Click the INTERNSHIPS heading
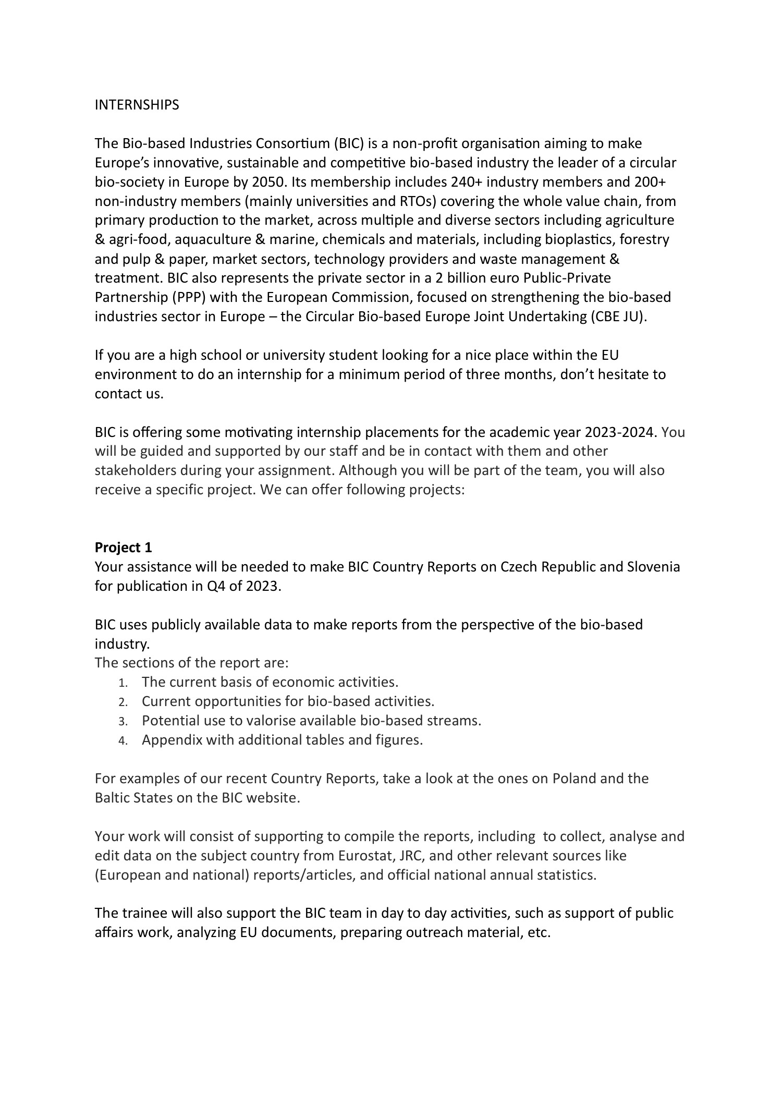(x=137, y=105)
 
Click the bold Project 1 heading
(x=123, y=548)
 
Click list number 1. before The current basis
(x=123, y=683)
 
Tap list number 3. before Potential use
(x=123, y=721)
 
